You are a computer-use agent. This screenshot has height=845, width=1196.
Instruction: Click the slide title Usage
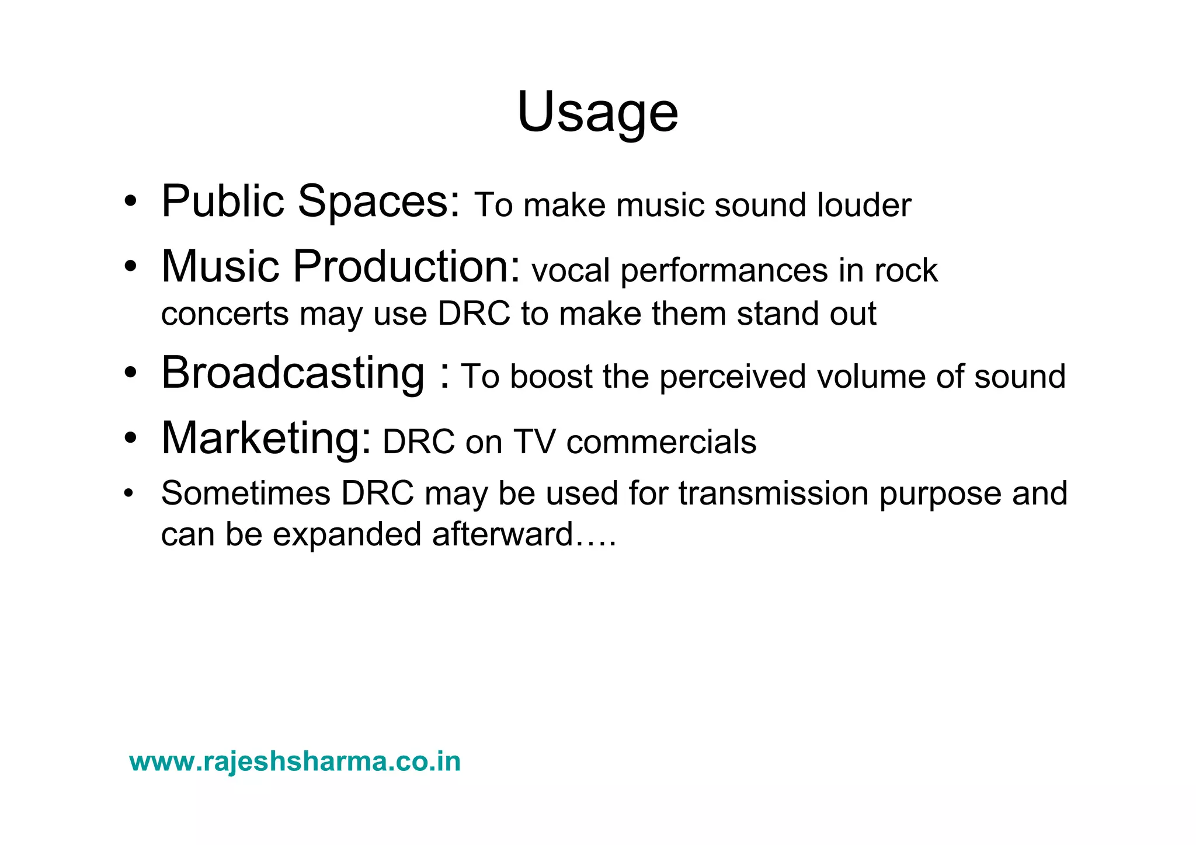[597, 112]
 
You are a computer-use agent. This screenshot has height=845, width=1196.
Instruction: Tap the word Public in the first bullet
[222, 201]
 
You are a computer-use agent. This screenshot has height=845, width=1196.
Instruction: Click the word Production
[406, 267]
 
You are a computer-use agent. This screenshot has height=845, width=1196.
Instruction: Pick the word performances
[724, 271]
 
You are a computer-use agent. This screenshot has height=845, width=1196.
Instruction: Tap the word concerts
[225, 314]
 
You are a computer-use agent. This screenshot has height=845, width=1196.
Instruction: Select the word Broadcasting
[293, 374]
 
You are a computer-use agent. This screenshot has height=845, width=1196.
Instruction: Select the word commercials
[661, 442]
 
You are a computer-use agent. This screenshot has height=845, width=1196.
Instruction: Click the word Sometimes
[246, 493]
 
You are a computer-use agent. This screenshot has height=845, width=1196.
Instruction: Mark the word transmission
[773, 493]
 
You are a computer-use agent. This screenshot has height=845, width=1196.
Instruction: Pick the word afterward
[502, 534]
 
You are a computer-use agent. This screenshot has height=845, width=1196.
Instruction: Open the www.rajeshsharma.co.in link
[295, 762]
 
